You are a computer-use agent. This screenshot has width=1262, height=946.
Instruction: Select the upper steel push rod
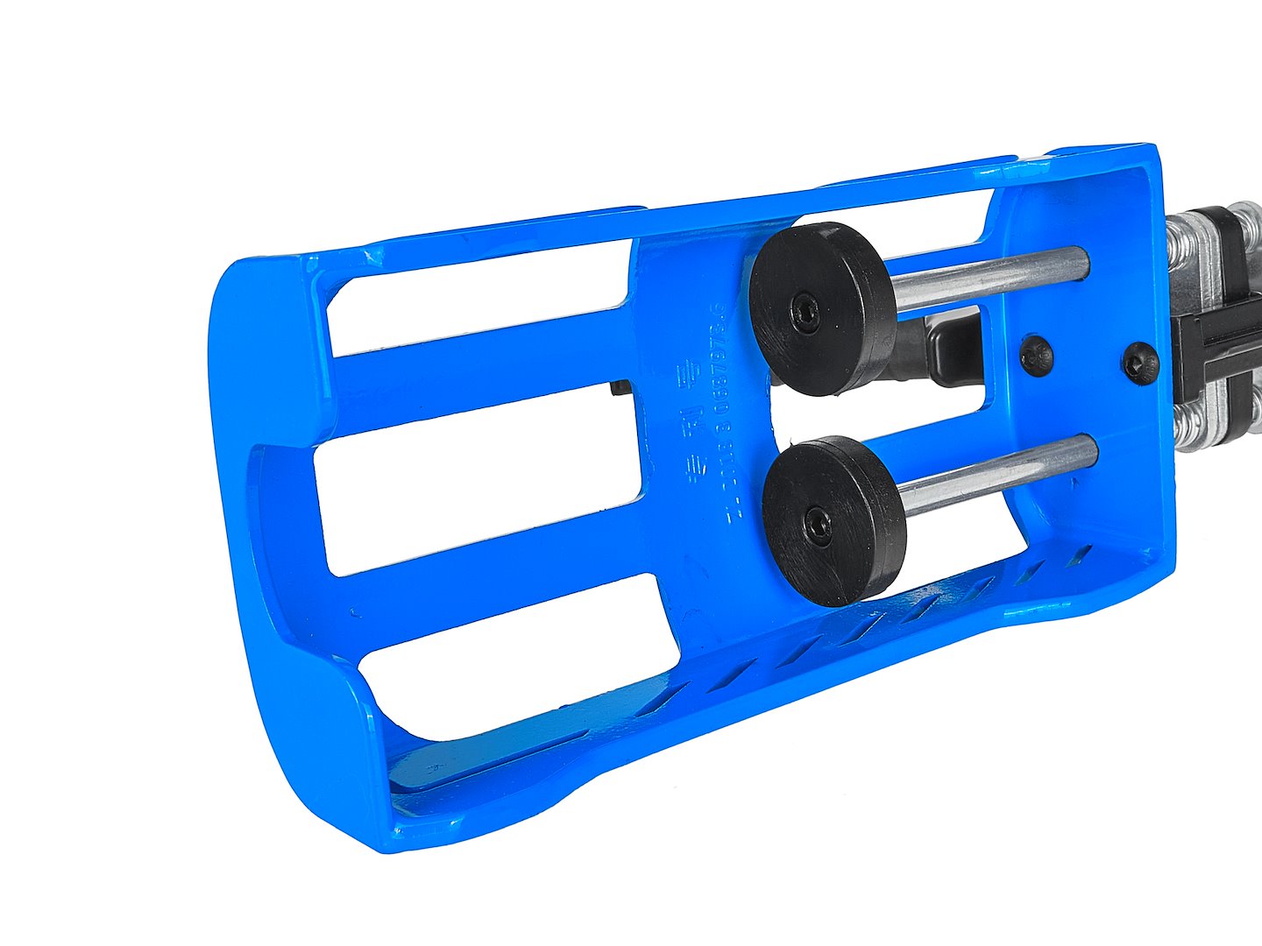click(990, 279)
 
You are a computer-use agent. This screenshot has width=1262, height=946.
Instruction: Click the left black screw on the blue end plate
click(1037, 356)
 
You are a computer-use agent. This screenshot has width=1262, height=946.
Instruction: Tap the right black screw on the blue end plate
click(1141, 364)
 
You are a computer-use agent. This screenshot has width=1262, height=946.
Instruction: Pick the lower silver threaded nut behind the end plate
click(1205, 429)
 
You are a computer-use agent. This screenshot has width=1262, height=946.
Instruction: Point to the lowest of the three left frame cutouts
click(517, 657)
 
